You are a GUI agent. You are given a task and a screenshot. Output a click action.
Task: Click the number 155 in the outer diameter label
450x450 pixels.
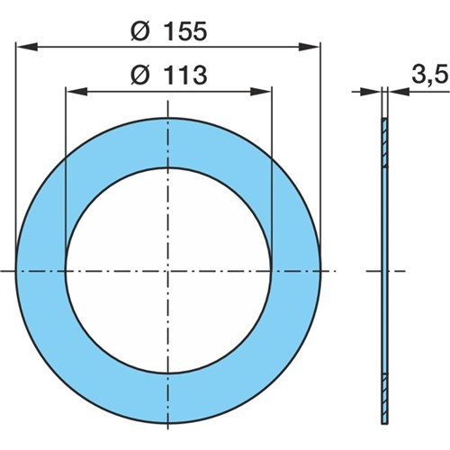coord(185,31)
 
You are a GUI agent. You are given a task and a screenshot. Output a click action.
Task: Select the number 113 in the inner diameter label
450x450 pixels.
coord(185,75)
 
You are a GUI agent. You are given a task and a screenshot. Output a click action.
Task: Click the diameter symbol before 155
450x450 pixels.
coord(139,31)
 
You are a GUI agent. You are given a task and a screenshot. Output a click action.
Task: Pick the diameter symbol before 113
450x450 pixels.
coord(139,75)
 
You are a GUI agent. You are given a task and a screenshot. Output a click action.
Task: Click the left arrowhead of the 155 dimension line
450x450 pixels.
coord(26,47)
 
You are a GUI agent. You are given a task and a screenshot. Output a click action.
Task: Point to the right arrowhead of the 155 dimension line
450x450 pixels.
coord(310,47)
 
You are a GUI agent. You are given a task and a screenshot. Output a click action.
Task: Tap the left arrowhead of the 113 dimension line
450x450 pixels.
coord(76,92)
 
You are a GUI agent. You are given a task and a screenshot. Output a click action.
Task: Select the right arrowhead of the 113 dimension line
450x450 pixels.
coord(261,92)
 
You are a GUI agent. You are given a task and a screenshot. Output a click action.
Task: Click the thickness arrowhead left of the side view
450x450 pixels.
coord(371,92)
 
